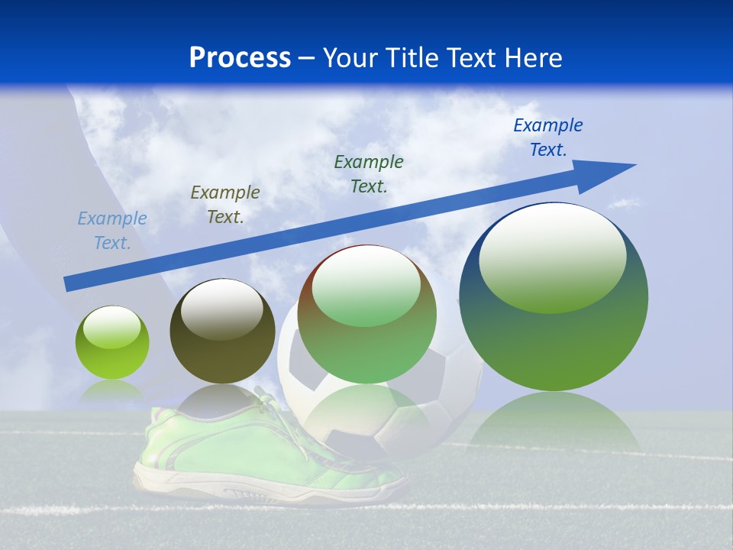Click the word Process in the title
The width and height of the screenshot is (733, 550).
[240, 58]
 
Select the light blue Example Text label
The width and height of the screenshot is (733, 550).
[112, 231]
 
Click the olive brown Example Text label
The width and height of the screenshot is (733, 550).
[225, 205]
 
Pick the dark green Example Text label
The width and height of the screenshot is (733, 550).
[369, 173]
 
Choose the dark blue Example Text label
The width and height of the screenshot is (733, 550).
[548, 137]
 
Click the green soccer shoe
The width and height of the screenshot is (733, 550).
[199, 451]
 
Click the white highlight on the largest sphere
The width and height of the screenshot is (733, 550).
[552, 256]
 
